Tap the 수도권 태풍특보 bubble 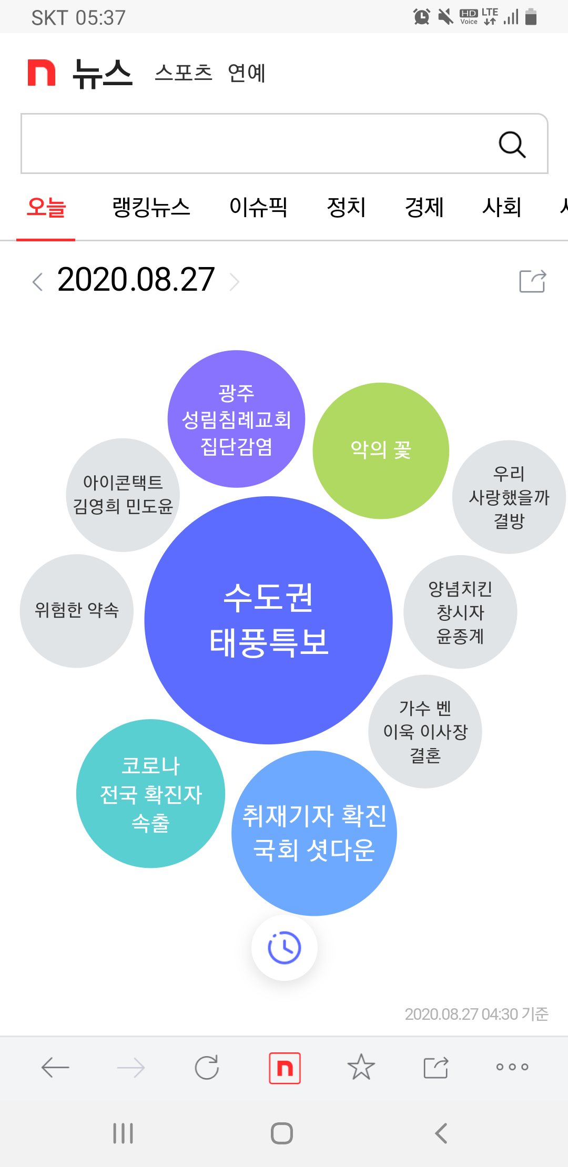tap(268, 620)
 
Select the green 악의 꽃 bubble tap(381, 451)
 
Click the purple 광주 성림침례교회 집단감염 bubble tap(236, 419)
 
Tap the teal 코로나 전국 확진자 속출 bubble tap(150, 793)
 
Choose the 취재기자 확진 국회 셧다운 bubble tap(314, 833)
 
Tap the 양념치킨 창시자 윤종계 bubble tap(460, 612)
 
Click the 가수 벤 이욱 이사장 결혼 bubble tap(425, 731)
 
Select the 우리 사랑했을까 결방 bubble tap(509, 497)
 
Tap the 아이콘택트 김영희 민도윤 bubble tap(123, 495)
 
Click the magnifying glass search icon tap(512, 145)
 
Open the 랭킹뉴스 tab tap(151, 207)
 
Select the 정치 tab tap(346, 207)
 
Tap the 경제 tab tap(424, 207)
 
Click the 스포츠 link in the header tap(183, 73)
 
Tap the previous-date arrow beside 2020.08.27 tap(37, 282)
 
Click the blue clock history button tap(285, 948)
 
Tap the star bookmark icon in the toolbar tap(361, 1067)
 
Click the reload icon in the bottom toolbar tap(207, 1067)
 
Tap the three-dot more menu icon tap(512, 1067)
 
